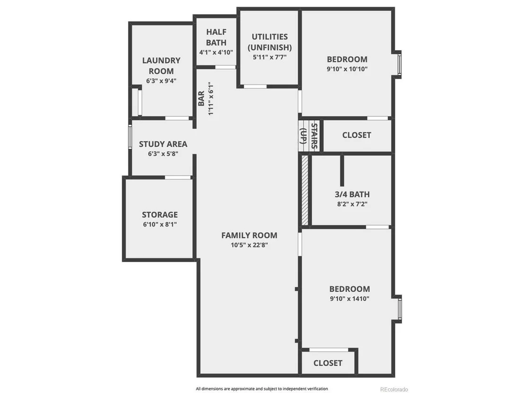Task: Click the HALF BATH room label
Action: (x=216, y=37)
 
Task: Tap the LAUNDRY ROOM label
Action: (x=161, y=66)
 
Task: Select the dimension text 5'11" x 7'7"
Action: (x=270, y=57)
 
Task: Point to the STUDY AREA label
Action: (x=163, y=144)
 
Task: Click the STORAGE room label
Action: (x=160, y=215)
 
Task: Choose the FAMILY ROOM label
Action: (x=249, y=235)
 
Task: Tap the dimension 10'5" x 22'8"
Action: (x=249, y=245)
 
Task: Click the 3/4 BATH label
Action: (x=352, y=194)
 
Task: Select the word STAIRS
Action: (x=314, y=136)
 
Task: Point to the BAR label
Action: (x=201, y=98)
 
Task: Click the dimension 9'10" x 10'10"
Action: (x=347, y=69)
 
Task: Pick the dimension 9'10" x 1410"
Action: (x=349, y=299)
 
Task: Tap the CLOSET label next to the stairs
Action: (x=357, y=135)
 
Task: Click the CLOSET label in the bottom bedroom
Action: (x=328, y=363)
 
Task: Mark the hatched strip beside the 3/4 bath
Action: (x=305, y=190)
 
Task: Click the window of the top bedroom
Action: (x=399, y=64)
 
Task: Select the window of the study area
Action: (x=131, y=137)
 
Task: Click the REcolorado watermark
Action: (x=394, y=389)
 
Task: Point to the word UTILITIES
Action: (x=270, y=37)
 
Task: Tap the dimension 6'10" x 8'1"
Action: (x=160, y=225)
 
